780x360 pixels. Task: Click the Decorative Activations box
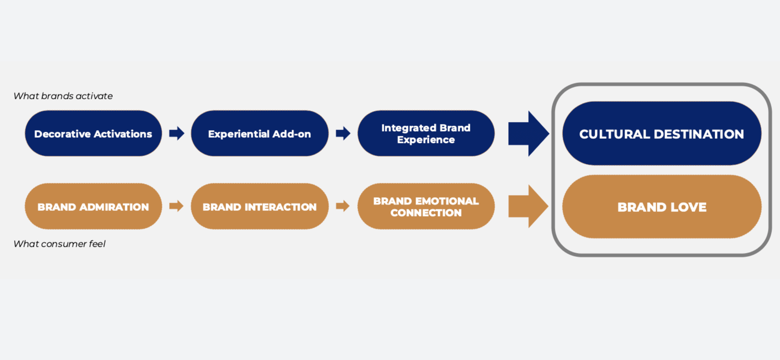93,133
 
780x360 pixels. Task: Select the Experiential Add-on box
259,133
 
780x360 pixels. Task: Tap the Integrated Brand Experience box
426,133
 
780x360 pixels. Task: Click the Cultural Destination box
661,133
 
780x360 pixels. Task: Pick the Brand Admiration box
93,206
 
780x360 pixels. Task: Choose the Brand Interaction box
259,206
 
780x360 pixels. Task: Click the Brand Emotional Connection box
426,206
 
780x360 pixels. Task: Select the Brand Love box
661,206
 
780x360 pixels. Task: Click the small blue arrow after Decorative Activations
177,133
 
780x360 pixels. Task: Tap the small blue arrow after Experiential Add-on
343,133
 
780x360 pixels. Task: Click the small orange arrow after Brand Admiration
176,206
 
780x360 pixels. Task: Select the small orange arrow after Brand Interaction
343,206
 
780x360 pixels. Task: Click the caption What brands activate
63,96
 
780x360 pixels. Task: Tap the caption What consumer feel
59,244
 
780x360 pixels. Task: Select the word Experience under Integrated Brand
426,140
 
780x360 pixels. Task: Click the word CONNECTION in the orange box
426,213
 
